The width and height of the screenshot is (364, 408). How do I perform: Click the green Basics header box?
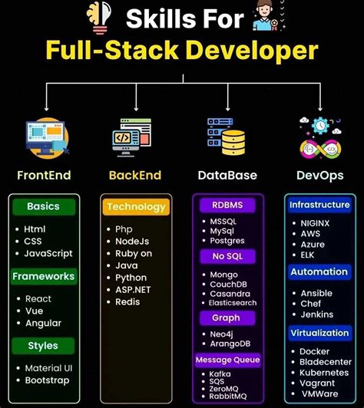(x=43, y=207)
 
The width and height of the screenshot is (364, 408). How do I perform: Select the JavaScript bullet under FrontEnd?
(x=48, y=253)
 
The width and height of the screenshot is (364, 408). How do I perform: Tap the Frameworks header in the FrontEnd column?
(x=43, y=276)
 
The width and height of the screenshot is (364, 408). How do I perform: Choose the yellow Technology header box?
(x=136, y=207)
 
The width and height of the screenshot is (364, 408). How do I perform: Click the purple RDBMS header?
(x=227, y=205)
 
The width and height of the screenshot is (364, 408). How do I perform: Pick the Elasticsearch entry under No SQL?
(x=234, y=303)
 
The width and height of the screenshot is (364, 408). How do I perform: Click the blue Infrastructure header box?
(x=319, y=205)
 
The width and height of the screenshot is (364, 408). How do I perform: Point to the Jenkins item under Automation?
(x=317, y=315)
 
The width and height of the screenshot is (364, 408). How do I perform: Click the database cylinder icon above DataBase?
(x=228, y=138)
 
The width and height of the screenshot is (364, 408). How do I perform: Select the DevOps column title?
(x=319, y=176)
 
